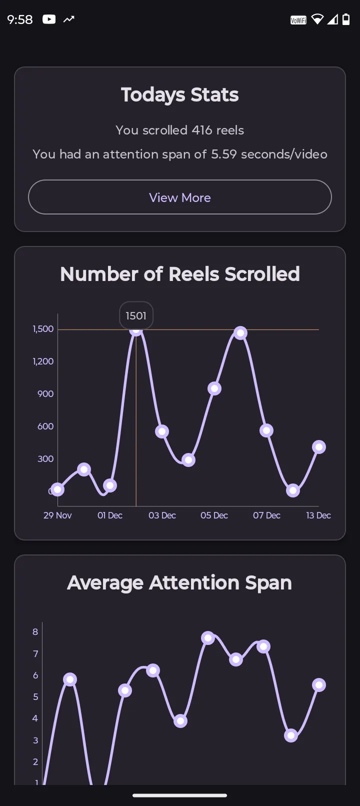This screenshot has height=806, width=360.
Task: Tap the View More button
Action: coord(180,197)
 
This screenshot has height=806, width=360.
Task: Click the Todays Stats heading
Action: coord(180,95)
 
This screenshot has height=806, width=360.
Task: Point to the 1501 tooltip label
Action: coord(136,316)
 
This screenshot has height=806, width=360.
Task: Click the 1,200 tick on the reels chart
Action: coord(43,361)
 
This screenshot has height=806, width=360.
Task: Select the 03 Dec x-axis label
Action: coord(162,515)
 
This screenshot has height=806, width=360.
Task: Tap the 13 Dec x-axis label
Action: coord(318,515)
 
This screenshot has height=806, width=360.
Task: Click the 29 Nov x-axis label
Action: coord(57,515)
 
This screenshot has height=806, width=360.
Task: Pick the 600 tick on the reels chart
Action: coord(45,426)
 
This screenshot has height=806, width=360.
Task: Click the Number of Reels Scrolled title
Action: coord(180,274)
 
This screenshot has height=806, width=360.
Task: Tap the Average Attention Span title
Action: coord(179,583)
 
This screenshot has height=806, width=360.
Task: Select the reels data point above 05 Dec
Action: coord(214,388)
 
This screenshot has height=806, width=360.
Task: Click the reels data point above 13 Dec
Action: coord(319,447)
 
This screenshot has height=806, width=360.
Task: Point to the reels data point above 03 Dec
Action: coord(162,431)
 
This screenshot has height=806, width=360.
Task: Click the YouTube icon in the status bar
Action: coord(49,19)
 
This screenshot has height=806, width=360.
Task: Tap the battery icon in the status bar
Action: coord(346,19)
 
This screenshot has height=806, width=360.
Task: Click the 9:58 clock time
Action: coord(20,19)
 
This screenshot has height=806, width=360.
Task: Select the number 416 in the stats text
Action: coord(202,130)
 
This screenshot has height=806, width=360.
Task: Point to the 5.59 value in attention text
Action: coord(223,154)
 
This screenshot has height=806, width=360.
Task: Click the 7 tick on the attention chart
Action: coord(35,654)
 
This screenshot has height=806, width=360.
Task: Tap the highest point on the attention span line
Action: coord(208,638)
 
